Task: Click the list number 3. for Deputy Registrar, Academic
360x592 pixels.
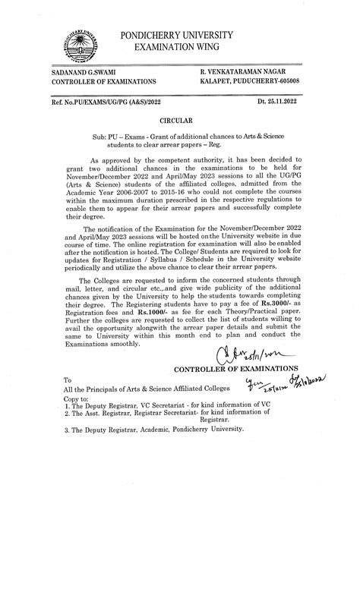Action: pos(68,429)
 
